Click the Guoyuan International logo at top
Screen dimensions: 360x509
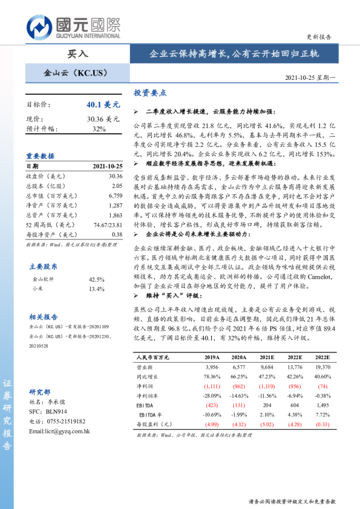[x=73, y=27]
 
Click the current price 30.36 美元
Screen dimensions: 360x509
[x=103, y=119]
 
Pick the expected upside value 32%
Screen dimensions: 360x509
[x=99, y=129]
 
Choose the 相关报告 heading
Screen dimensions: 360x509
[x=44, y=317]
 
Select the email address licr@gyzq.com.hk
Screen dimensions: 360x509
[x=59, y=431]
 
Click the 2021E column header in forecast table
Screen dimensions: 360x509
[x=267, y=357]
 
